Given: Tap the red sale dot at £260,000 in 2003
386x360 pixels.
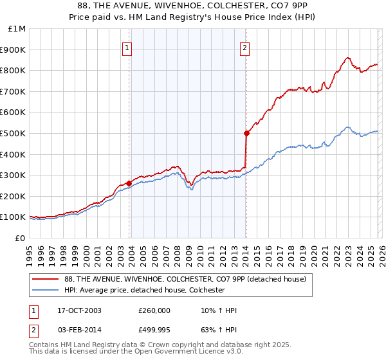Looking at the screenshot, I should (x=129, y=183).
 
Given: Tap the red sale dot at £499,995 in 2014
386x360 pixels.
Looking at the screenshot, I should (x=246, y=133).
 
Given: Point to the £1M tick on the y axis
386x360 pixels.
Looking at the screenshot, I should (x=17, y=29).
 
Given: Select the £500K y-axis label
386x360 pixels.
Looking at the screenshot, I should (x=14, y=133).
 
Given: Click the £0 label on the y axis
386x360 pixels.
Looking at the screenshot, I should (x=21, y=238).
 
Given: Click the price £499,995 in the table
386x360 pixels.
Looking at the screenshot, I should (x=154, y=330).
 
